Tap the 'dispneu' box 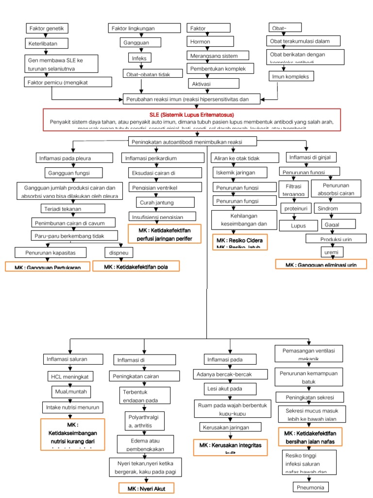point(119,252)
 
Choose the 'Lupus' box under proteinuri point(291,226)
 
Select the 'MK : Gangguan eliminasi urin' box point(321,265)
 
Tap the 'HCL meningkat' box point(69,377)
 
